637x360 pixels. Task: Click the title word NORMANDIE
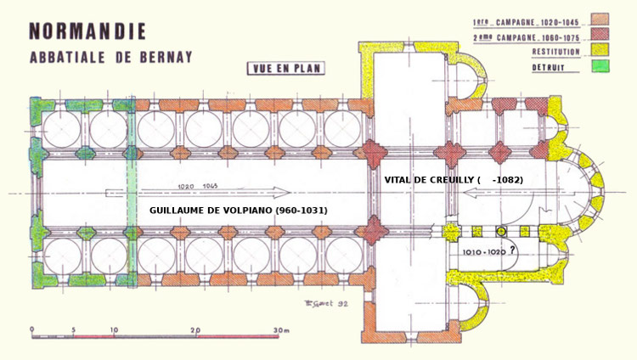coord(87,31)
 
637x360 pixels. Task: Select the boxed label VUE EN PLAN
coord(285,69)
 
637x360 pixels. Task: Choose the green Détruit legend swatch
coord(600,66)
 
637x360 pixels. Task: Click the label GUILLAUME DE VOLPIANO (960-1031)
coord(238,209)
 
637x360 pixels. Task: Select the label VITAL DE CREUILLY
coord(431,180)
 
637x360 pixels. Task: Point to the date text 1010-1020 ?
coord(489,252)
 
